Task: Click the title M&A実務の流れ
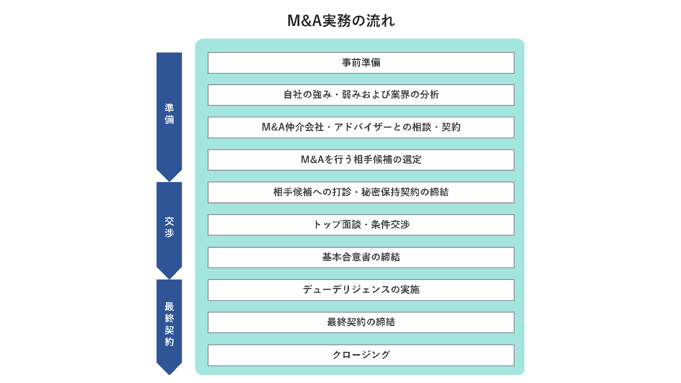(340, 21)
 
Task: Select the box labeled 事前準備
(361, 63)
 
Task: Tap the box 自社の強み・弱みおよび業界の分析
(361, 95)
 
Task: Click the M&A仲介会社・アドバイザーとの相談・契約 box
(361, 128)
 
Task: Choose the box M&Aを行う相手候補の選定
(361, 160)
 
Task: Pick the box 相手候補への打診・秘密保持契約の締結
(361, 192)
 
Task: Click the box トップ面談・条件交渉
(361, 225)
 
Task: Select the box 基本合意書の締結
(361, 257)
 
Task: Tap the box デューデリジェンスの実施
(361, 290)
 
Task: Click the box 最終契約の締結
(361, 322)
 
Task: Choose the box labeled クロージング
(361, 355)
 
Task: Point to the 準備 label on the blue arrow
(169, 113)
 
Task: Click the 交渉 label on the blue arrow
(169, 227)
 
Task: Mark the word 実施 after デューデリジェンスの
(410, 290)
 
